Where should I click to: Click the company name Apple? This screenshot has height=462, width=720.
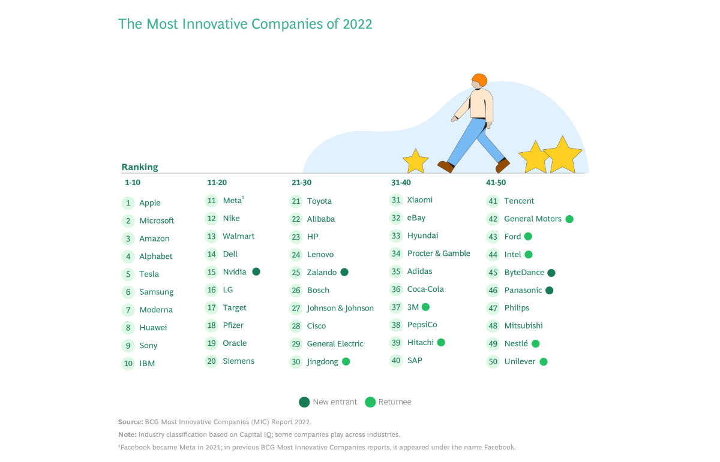pos(150,203)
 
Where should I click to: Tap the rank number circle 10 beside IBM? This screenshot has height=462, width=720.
pos(128,363)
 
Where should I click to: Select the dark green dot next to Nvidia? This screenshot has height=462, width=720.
pos(256,271)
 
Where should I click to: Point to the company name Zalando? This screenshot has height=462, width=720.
pos(322,273)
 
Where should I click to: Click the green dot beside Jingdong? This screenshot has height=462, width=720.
pos(346,362)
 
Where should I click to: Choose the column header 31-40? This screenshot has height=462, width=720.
pos(401,183)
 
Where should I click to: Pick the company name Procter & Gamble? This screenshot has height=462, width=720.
pos(439,253)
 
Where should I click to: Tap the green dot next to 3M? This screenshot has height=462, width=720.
pos(425,307)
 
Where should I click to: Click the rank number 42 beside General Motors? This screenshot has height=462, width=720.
pos(493,219)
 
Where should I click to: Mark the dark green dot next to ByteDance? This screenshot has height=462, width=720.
pos(551,273)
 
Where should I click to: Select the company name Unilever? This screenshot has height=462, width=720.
pos(520,362)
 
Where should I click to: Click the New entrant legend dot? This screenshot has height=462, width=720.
pos(304,402)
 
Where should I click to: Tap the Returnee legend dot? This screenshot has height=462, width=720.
pos(370,402)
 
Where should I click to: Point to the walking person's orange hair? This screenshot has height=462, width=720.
pos(479,80)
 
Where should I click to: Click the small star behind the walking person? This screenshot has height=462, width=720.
pos(415,161)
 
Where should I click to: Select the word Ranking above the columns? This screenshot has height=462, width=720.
pos(140,167)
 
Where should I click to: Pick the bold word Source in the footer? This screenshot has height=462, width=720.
pos(130,422)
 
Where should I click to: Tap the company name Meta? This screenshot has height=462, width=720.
pos(232,201)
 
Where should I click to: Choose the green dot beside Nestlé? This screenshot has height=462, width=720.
pos(536,344)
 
